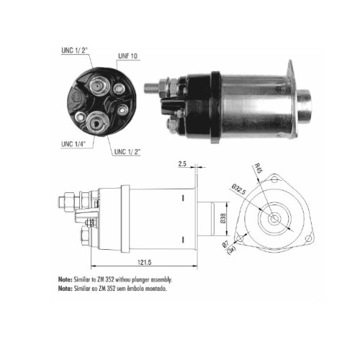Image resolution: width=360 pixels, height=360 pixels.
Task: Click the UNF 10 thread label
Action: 128,56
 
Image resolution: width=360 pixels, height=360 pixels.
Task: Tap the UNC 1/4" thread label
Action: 73,144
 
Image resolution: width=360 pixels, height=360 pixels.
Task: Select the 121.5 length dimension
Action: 144,262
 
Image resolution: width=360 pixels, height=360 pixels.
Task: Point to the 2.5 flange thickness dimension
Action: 182,164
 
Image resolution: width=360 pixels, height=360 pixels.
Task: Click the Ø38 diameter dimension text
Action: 223,218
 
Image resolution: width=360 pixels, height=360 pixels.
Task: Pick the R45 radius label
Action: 258,168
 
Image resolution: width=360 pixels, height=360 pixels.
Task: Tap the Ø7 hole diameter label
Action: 225,245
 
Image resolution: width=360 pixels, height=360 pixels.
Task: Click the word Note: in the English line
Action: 65,279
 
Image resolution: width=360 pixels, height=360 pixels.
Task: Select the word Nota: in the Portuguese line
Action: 65,289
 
